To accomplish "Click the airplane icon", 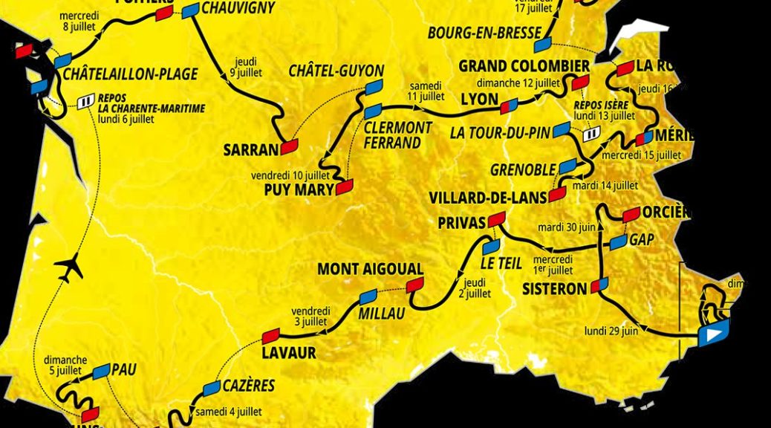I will pyautogui.click(x=69, y=267).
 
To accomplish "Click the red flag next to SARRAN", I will pyautogui.click(x=288, y=147).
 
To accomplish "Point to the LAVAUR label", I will pyautogui.click(x=289, y=352).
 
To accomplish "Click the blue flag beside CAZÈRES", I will pyautogui.click(x=212, y=388).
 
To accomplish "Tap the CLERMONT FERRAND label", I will pyautogui.click(x=397, y=135).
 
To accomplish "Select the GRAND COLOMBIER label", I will pyautogui.click(x=524, y=66).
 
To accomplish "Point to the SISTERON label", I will pyautogui.click(x=555, y=289).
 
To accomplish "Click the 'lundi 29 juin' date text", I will pyautogui.click(x=611, y=331).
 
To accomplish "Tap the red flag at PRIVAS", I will pyautogui.click(x=496, y=218).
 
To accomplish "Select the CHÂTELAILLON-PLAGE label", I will pyautogui.click(x=131, y=74).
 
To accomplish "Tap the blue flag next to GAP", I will pyautogui.click(x=617, y=242).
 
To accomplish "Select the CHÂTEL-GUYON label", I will pyautogui.click(x=336, y=72).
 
